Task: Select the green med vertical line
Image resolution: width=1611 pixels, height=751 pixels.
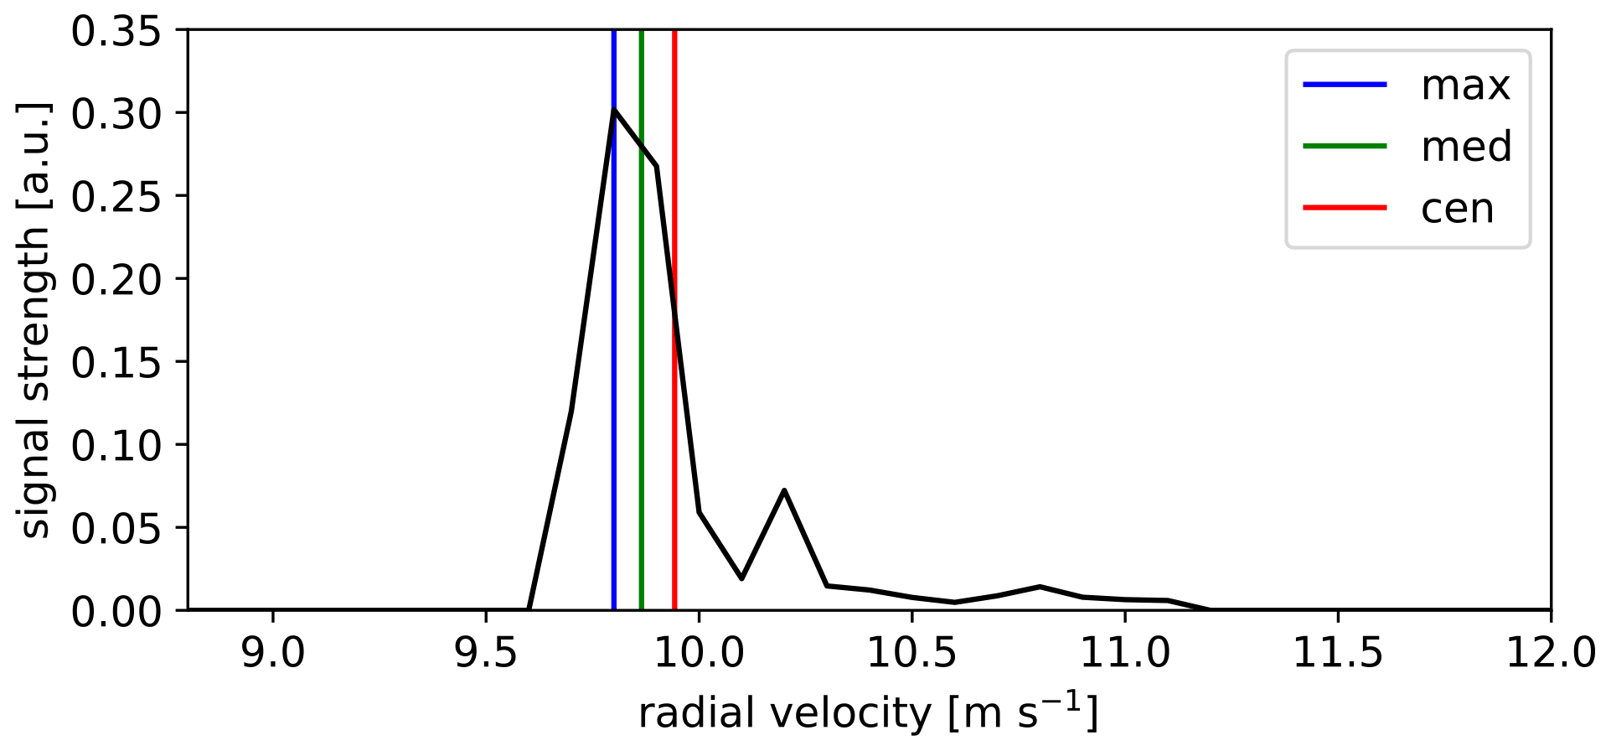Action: (641, 377)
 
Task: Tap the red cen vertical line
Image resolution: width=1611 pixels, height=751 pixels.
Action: (674, 419)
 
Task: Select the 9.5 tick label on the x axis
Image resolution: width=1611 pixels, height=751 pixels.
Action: (486, 652)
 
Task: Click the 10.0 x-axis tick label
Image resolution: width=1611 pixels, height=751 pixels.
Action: (699, 652)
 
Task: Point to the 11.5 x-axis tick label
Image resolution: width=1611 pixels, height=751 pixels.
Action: (1338, 652)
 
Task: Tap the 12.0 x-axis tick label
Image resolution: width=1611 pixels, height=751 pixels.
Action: (1551, 652)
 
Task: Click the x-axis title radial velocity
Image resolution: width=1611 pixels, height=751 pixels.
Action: (868, 713)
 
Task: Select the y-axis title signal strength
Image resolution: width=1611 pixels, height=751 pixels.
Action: (35, 320)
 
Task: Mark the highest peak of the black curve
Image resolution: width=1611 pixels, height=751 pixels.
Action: (614, 110)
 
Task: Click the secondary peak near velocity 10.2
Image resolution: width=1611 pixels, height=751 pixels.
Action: (784, 490)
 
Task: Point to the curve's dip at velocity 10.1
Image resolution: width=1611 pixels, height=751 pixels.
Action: (741, 578)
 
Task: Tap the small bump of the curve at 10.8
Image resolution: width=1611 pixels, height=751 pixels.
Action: (1040, 587)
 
